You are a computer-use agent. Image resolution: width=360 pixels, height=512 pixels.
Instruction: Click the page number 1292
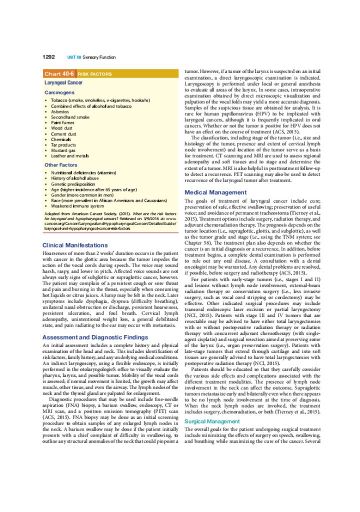[48, 57]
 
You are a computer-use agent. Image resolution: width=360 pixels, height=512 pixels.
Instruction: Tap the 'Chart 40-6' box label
[59, 73]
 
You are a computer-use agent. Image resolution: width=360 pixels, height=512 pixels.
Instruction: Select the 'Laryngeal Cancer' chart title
[63, 82]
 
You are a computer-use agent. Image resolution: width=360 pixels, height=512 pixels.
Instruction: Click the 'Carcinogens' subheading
[59, 92]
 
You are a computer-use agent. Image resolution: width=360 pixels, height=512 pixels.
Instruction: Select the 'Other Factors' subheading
[61, 164]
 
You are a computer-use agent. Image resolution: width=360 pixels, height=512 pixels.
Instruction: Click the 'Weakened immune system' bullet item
[77, 206]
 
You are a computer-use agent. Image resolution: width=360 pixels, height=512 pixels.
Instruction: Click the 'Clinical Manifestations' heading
[75, 245]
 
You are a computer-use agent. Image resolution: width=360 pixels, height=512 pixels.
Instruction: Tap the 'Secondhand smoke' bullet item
[70, 117]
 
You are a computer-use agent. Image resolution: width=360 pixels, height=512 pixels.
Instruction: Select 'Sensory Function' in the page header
[99, 57]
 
